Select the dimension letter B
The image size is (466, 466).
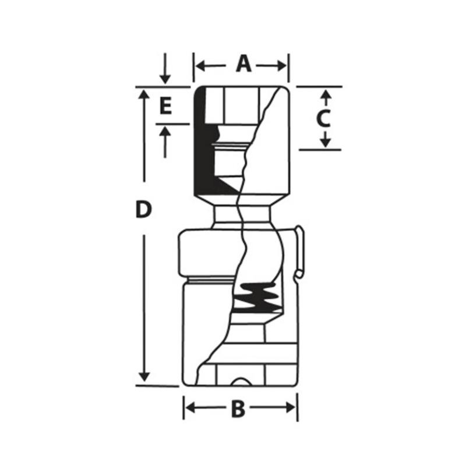tap(238, 409)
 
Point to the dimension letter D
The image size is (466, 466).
tap(143, 209)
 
